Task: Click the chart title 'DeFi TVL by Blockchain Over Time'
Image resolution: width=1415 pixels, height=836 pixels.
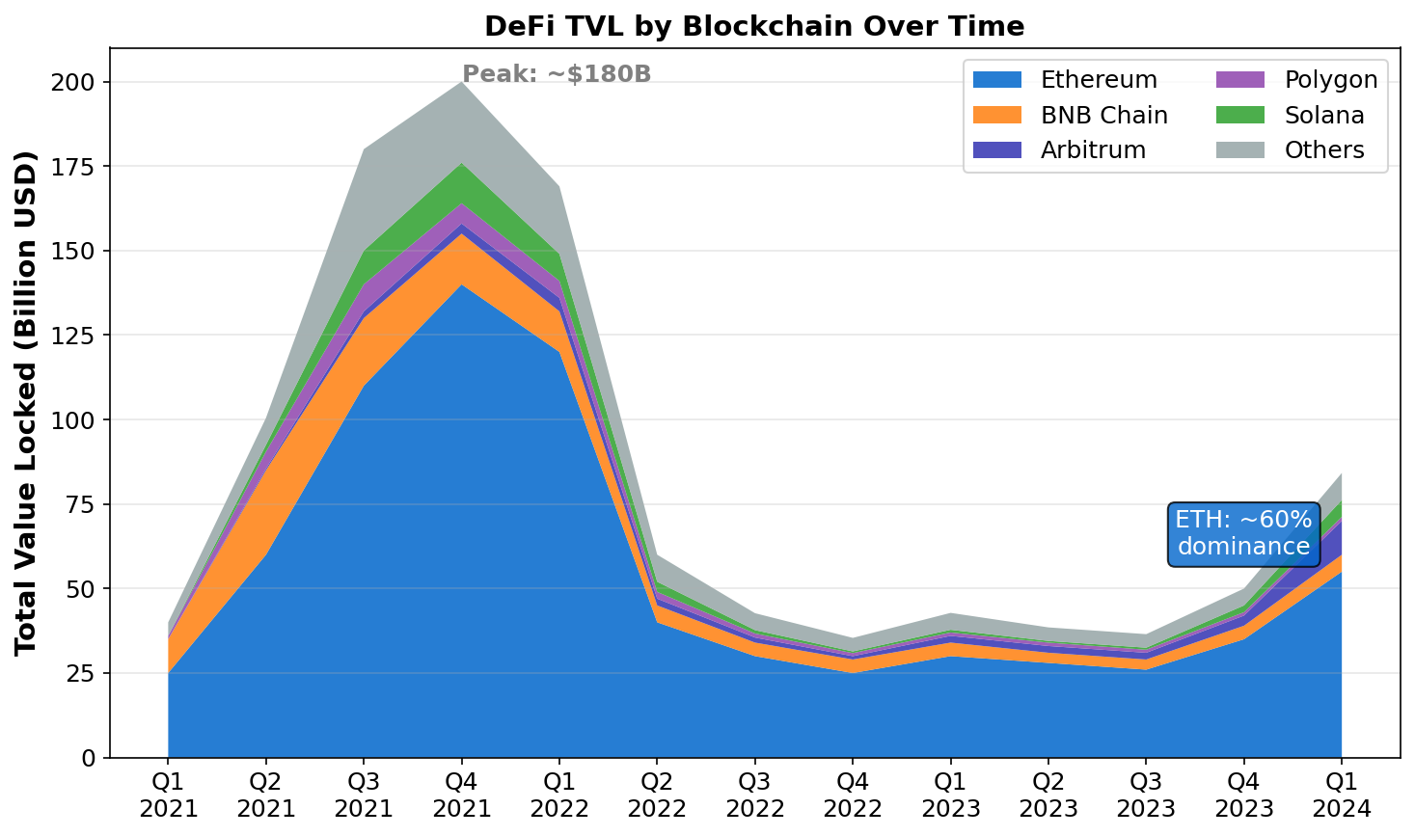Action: [754, 26]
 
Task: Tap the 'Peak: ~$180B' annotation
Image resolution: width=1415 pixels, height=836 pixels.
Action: [557, 74]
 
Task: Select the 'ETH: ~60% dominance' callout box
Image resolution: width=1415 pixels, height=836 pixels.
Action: [1243, 534]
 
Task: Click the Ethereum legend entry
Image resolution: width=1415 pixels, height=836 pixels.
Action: [1065, 80]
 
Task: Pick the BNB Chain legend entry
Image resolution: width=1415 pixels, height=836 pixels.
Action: [1071, 116]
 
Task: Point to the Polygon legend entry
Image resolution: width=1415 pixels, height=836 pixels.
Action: [1302, 80]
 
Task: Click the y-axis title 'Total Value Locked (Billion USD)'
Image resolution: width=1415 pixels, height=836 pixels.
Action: [26, 403]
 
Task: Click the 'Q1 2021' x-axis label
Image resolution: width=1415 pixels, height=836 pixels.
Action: [168, 794]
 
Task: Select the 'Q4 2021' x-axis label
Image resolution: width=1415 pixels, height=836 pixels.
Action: [461, 794]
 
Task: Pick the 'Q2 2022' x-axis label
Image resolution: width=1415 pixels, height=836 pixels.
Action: [657, 794]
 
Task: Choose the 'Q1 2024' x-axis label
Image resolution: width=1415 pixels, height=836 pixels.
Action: [1341, 794]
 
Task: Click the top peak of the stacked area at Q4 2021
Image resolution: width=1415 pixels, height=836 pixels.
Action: [461, 83]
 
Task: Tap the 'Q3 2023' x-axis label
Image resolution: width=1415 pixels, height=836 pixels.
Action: [1145, 794]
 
